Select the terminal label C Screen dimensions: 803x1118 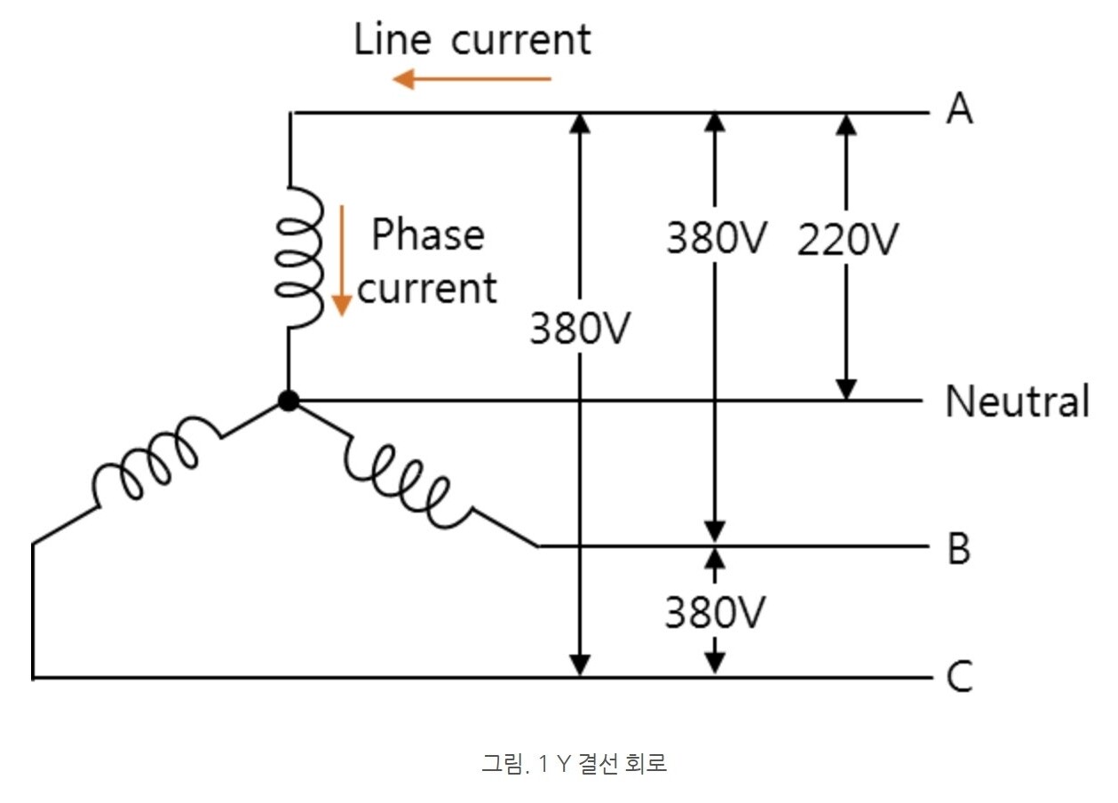(959, 678)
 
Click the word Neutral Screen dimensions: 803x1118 (1017, 401)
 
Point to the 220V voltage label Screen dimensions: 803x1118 (848, 240)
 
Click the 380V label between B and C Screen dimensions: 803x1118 (715, 612)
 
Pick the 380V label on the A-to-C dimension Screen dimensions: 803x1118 (580, 329)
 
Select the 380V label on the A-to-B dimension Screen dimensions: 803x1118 (715, 238)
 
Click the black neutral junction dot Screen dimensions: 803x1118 (289, 401)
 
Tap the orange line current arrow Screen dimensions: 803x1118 (472, 79)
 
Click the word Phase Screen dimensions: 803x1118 (427, 235)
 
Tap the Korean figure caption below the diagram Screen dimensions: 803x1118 (574, 763)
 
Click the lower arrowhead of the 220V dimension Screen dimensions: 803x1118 (847, 389)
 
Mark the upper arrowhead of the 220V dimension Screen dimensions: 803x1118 (847, 124)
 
